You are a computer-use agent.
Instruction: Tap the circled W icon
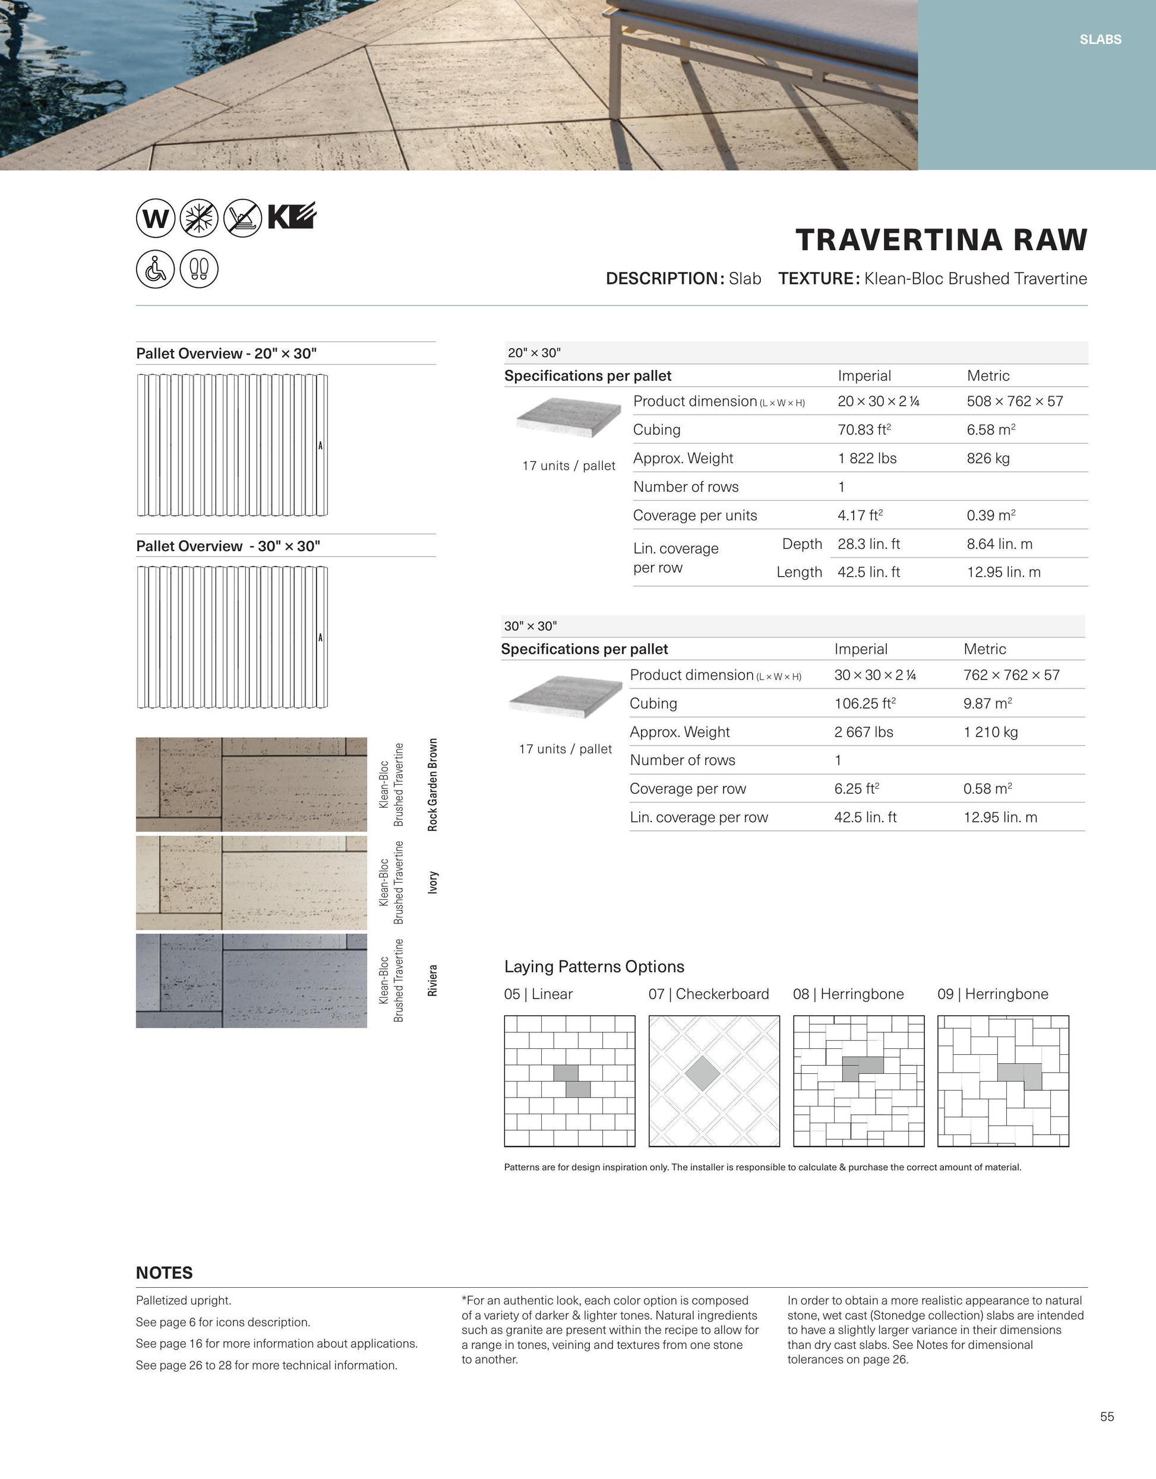tap(155, 218)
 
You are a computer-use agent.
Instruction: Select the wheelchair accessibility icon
tap(155, 269)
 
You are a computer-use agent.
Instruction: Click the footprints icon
tap(199, 269)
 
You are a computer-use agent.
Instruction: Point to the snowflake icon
tap(199, 218)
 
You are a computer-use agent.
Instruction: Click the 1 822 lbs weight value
tap(867, 459)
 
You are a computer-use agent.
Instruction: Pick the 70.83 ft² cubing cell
tap(864, 430)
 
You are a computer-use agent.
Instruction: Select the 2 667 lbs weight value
tap(864, 732)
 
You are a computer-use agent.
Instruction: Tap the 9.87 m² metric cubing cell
tap(987, 704)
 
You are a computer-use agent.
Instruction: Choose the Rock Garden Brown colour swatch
tap(251, 784)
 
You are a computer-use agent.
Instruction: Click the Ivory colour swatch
tap(251, 883)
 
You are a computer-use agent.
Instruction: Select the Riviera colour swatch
tap(251, 981)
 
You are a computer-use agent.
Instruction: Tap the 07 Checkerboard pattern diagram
tap(714, 1081)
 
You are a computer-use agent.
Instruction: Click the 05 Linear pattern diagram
tap(570, 1081)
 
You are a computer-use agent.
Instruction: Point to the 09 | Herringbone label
tap(993, 994)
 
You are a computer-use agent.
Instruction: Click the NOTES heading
tap(165, 1273)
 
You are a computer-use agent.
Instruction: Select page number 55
tap(1107, 1417)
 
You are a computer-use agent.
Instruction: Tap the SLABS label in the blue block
tap(1101, 40)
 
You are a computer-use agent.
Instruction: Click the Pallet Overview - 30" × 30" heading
tap(228, 546)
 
